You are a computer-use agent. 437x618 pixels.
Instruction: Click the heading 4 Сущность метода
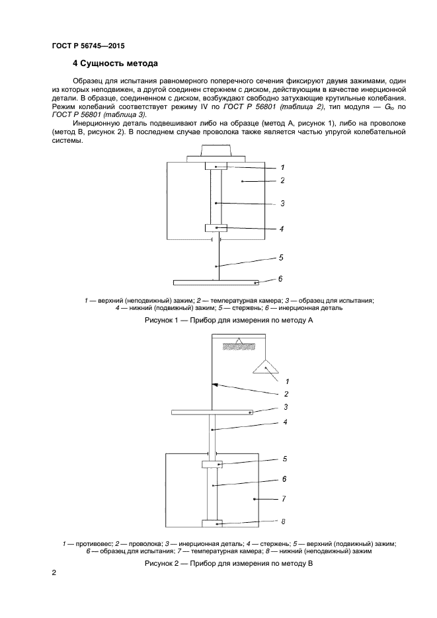114,64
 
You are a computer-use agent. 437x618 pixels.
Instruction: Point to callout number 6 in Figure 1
280,279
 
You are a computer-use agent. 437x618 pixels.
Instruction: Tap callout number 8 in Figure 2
283,521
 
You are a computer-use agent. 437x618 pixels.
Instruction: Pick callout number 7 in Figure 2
283,499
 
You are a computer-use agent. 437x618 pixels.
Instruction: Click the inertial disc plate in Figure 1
218,282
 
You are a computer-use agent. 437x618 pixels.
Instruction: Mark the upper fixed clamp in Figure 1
216,166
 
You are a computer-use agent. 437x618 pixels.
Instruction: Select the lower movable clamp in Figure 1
216,228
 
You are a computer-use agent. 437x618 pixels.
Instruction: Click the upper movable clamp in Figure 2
212,465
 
